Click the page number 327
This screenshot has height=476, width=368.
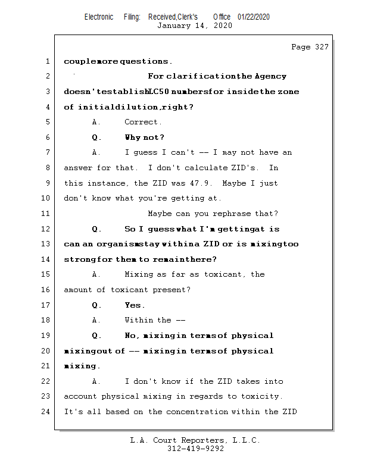322,47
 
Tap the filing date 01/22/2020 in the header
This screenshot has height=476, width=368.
254,17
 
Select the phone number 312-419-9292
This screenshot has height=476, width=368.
195,449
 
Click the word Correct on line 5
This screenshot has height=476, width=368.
141,122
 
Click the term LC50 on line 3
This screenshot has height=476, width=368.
158,92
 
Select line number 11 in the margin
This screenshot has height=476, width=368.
45,214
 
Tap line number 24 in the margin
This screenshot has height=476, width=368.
45,412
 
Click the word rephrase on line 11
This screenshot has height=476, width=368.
232,214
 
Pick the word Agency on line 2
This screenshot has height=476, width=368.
270,76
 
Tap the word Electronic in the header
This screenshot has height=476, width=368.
99,17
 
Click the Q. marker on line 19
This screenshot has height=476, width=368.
96,336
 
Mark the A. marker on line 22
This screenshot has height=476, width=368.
96,381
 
